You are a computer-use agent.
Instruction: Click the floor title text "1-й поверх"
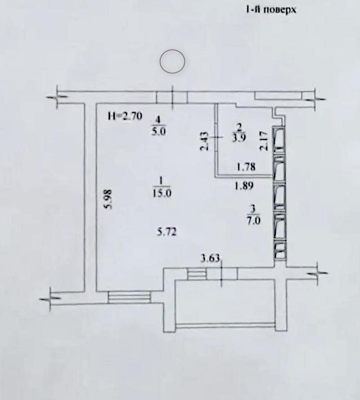[271, 10]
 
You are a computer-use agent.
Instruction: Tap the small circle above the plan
[172, 62]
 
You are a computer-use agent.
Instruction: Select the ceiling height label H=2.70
[125, 117]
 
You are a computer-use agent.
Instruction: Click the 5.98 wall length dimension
[109, 199]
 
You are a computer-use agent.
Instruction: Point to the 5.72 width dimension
[167, 233]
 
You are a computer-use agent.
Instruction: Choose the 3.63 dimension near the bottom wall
[210, 259]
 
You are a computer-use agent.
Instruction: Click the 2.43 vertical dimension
[205, 141]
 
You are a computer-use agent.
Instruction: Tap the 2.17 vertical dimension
[264, 140]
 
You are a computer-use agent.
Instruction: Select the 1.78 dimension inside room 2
[246, 167]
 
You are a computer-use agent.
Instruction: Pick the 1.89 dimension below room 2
[244, 186]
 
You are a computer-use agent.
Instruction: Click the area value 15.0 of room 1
[162, 193]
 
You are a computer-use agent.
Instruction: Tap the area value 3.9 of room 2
[239, 138]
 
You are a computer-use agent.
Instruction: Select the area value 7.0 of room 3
[254, 220]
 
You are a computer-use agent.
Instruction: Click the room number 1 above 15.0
[161, 180]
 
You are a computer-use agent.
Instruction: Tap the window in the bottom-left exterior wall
[129, 297]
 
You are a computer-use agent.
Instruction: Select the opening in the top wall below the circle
[172, 98]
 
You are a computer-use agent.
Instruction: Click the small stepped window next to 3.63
[197, 274]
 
